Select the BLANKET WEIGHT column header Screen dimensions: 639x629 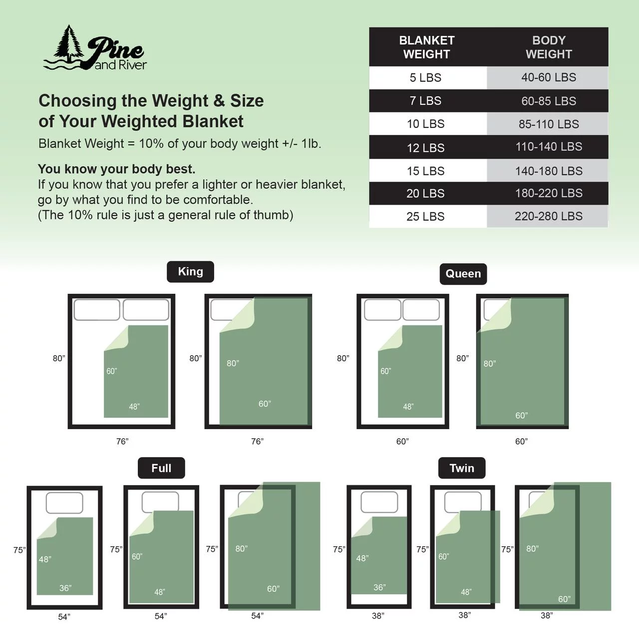(427, 47)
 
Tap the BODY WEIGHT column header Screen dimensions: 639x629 (549, 47)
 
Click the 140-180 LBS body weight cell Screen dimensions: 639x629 (549, 171)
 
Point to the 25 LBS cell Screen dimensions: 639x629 (425, 216)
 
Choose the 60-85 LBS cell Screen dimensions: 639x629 (549, 101)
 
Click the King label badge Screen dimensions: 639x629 (190, 271)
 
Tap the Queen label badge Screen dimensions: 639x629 (463, 274)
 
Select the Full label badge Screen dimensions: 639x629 (161, 468)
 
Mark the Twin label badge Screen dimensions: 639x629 (462, 468)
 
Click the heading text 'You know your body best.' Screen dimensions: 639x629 (117, 169)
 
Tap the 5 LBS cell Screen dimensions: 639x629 (425, 77)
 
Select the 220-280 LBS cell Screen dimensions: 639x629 (549, 216)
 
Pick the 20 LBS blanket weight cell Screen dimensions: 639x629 (425, 193)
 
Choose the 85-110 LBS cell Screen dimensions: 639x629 (549, 124)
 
